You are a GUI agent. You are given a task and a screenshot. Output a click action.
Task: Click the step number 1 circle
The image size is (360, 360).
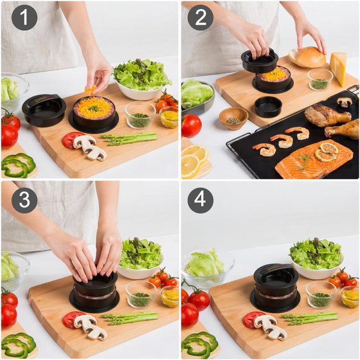pyautogui.click(x=24, y=18)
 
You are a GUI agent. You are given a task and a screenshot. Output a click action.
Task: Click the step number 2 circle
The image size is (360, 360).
pyautogui.click(x=201, y=18)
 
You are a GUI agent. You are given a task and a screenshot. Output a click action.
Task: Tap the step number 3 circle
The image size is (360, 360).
pyautogui.click(x=24, y=200)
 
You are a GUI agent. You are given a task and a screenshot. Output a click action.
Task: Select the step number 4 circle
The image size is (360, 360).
pyautogui.click(x=201, y=200)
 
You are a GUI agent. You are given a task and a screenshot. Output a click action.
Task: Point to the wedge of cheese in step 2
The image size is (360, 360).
pyautogui.click(x=338, y=67)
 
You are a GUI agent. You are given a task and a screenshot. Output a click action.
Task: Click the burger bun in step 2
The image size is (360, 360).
pyautogui.click(x=309, y=57)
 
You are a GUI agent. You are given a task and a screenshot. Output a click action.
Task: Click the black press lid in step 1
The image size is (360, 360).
pyautogui.click(x=44, y=109)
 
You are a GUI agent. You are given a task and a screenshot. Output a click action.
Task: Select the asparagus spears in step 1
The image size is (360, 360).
pyautogui.click(x=129, y=138)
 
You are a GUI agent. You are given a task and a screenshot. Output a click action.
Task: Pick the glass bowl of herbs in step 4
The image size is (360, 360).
pyautogui.click(x=320, y=295)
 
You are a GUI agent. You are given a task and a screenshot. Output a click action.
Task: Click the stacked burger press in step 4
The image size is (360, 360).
pyautogui.click(x=275, y=288)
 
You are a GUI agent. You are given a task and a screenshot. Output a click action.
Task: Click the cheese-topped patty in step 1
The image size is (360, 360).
pyautogui.click(x=94, y=109)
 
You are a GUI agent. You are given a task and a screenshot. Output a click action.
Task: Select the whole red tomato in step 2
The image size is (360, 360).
pyautogui.click(x=191, y=125)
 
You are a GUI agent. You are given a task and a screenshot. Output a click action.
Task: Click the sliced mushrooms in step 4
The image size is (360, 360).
pyautogui.click(x=269, y=327)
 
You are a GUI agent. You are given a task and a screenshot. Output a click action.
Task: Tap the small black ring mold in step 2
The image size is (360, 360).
pyautogui.click(x=268, y=106)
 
